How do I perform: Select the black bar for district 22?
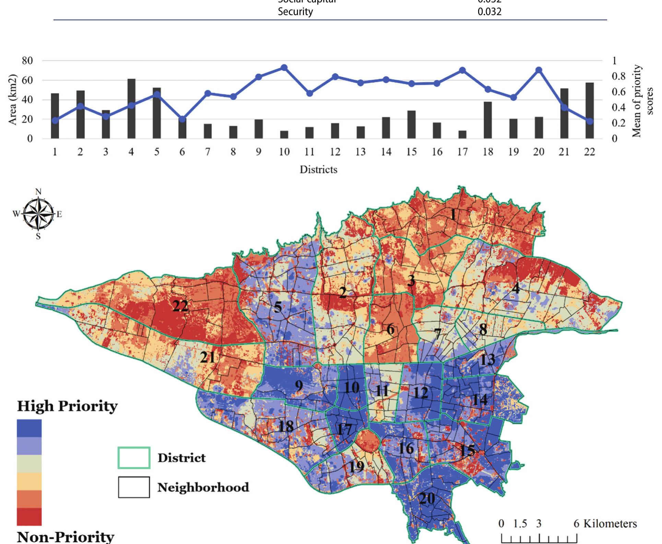point(589,111)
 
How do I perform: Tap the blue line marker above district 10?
point(284,68)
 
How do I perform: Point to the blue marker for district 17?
point(462,70)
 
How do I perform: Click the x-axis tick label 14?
point(386,152)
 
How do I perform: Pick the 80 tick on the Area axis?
point(27,61)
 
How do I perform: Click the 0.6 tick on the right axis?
point(618,92)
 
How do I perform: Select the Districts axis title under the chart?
point(318,170)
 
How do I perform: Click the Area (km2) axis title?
point(12,100)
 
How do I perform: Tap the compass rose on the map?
point(38,213)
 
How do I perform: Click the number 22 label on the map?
point(180,305)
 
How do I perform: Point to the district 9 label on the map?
point(299,386)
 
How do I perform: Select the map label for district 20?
point(427,498)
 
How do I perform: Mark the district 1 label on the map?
point(453,215)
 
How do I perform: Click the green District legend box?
point(134,458)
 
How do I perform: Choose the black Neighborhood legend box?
point(134,487)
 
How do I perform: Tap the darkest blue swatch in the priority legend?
point(29,428)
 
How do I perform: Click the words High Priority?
point(67,406)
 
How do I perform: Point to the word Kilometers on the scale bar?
point(610,524)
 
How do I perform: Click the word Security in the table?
point(295,12)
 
